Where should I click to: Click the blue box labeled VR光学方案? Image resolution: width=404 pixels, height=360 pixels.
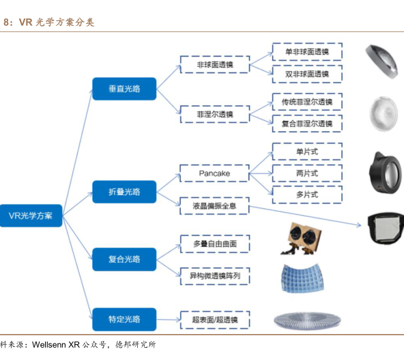tap(31, 216)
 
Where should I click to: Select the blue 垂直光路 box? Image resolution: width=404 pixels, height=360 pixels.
tap(124, 89)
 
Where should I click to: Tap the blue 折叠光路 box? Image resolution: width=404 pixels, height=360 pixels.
tap(124, 192)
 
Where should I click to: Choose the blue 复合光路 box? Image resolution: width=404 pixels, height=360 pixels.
tap(124, 259)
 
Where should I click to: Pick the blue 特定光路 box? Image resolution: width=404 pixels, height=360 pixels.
tap(124, 319)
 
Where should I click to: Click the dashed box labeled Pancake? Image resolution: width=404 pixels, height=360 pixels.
tap(214, 174)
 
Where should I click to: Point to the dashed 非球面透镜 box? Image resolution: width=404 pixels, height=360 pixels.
tap(215, 64)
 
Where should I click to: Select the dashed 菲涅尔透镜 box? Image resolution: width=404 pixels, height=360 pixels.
tap(215, 114)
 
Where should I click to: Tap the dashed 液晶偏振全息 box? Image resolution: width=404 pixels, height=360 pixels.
tap(214, 206)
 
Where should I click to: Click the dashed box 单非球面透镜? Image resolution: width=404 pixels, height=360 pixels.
tap(307, 52)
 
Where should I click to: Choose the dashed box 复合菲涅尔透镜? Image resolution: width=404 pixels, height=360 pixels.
tap(307, 124)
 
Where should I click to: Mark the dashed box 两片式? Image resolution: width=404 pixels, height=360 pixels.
tap(307, 174)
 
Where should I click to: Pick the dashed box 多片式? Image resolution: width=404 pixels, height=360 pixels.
tap(307, 195)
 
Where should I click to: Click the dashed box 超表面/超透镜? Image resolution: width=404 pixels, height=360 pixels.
tap(215, 320)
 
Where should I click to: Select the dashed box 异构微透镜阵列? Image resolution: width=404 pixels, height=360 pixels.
tap(215, 276)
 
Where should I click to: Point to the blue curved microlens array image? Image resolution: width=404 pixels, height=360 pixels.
tap(302, 278)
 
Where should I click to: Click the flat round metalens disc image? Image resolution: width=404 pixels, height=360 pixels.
tap(307, 320)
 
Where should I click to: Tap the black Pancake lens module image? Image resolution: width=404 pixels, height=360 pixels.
tap(385, 173)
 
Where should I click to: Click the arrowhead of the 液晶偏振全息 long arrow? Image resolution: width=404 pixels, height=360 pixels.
tap(360, 225)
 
